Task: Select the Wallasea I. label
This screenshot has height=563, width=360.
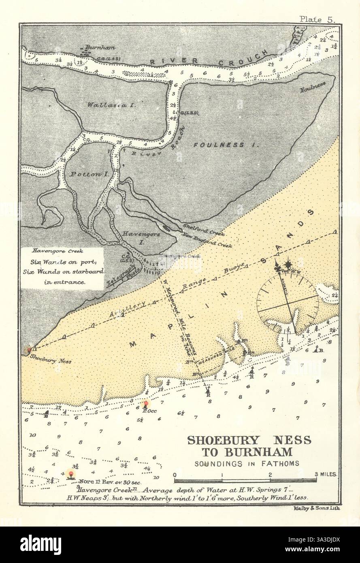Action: (x=110, y=104)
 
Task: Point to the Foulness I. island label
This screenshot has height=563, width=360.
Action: (x=225, y=145)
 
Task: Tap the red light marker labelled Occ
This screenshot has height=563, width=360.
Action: (x=147, y=403)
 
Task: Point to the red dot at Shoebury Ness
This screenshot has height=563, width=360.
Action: (x=28, y=350)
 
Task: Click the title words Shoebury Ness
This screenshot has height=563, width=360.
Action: (x=249, y=440)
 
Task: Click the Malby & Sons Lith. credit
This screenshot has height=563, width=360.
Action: (x=314, y=509)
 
